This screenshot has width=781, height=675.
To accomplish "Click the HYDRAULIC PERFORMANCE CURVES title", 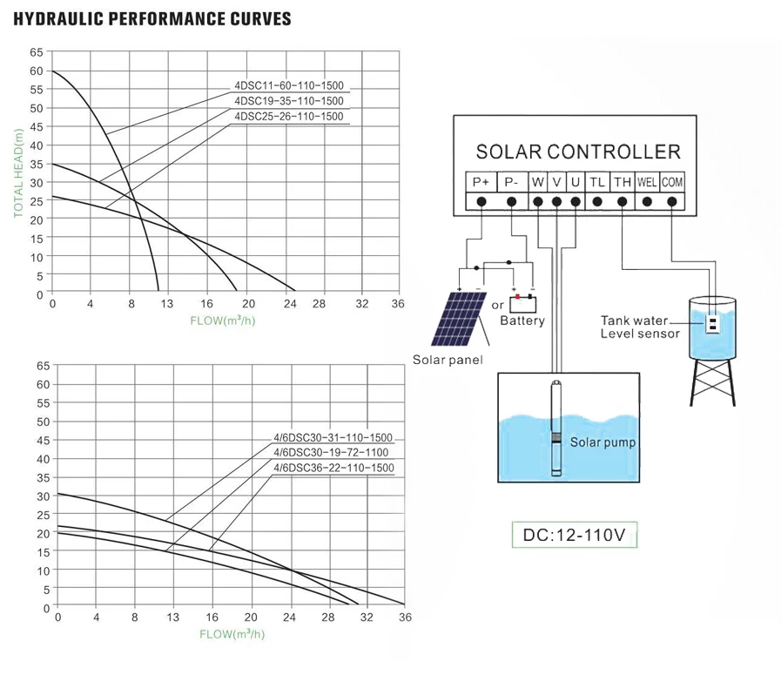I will point(153,19).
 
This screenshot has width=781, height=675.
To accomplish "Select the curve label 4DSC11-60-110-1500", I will point(289,85).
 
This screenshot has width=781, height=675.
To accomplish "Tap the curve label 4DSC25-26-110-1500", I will point(289,117).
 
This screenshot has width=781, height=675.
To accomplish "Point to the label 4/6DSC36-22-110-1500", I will point(333,469).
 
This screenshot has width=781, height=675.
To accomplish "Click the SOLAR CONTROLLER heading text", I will point(578,152).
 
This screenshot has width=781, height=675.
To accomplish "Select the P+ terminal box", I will point(481,182).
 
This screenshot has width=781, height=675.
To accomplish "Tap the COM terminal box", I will point(671,182).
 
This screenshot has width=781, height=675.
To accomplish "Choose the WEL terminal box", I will point(646,182).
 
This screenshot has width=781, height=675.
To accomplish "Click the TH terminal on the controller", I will point(622,182).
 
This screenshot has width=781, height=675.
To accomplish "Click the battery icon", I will point(522,304).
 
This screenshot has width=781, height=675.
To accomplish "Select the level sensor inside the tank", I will point(712,324).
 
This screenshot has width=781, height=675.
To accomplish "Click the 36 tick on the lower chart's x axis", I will point(405,618).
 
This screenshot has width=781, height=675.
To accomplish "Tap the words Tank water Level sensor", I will point(641,327).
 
